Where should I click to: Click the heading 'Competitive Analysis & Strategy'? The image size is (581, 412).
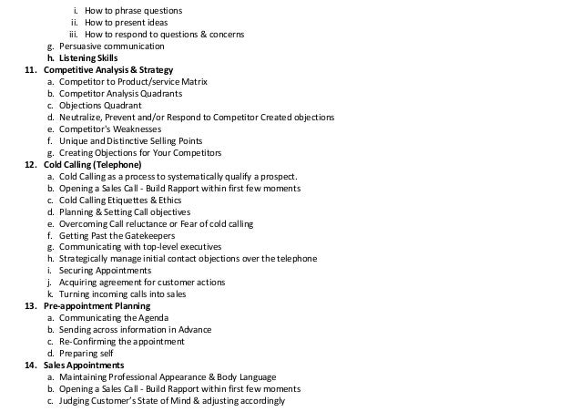[x=108, y=70]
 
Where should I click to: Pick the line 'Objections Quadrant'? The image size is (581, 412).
[x=100, y=106]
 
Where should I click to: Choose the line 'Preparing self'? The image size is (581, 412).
[x=87, y=354]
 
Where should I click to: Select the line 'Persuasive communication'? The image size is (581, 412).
[x=112, y=46]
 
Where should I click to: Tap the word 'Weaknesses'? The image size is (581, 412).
[x=135, y=129]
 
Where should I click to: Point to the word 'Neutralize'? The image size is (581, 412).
[x=83, y=118]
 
